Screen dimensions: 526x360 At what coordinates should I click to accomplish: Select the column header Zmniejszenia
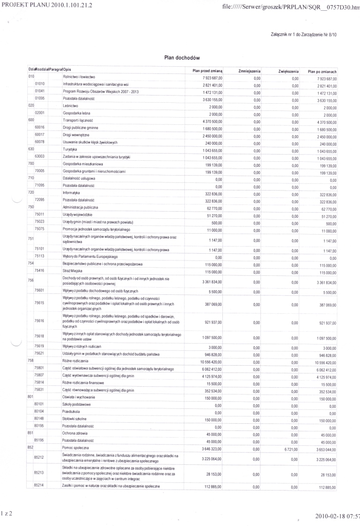(x=250, y=70)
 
